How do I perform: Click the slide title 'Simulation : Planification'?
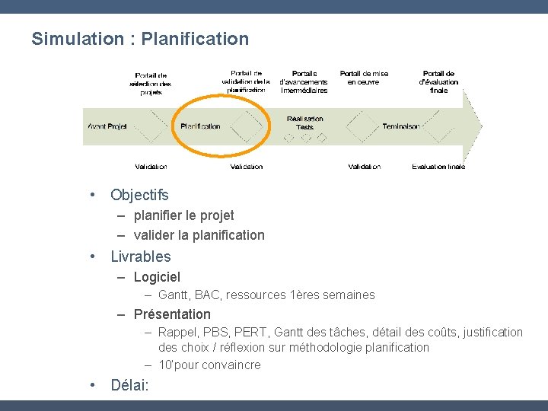(140, 39)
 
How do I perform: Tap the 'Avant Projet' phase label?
(107, 126)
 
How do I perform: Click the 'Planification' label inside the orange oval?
(200, 126)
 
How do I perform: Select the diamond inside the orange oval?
(246, 126)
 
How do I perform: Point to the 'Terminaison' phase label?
(401, 126)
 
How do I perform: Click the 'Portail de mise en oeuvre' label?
(364, 78)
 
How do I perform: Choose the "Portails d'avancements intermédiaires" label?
(304, 81)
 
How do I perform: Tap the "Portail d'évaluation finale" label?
(439, 81)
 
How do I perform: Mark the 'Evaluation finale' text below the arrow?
(438, 166)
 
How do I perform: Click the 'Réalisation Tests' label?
(305, 123)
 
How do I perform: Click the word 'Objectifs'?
(139, 196)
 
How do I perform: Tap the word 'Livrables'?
(141, 256)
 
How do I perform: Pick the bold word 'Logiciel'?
(157, 277)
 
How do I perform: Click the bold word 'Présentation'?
(172, 314)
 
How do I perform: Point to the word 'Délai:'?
(130, 385)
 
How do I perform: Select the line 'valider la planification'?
(199, 235)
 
